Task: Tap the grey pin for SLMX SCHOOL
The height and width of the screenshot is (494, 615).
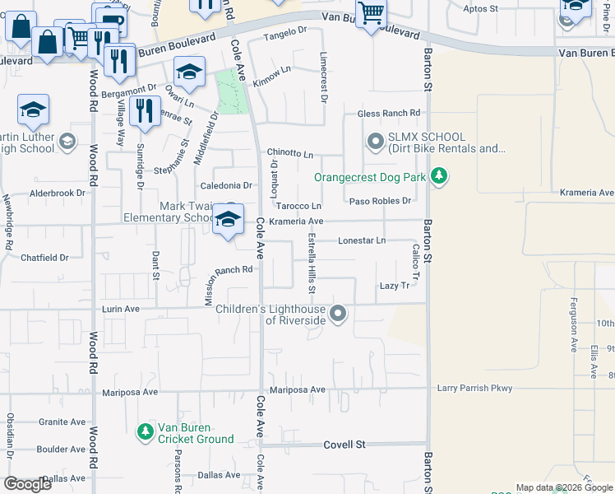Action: tap(376, 142)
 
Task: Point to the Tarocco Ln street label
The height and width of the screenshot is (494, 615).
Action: tap(298, 206)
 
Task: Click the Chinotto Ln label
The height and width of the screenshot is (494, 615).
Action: tap(289, 154)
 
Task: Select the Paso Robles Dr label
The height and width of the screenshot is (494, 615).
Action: tap(380, 201)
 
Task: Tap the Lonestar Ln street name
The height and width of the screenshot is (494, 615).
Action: tap(362, 240)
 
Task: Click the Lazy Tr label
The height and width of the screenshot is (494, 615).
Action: tap(394, 286)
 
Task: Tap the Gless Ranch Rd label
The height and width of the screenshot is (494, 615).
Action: tap(388, 113)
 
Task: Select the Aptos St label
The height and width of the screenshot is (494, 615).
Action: tap(481, 9)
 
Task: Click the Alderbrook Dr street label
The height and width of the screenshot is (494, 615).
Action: tap(58, 193)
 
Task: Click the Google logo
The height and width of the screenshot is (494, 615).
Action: tap(28, 484)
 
